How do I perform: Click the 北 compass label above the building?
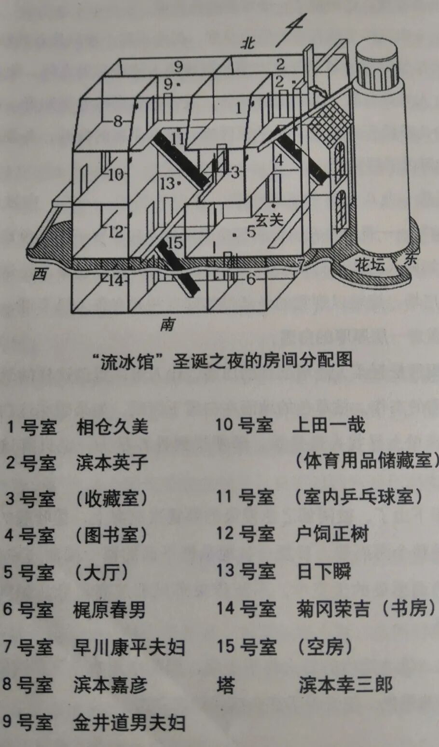click(x=248, y=44)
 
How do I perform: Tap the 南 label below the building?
click(x=167, y=325)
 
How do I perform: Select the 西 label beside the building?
click(x=41, y=274)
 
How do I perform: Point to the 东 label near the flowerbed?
click(x=410, y=260)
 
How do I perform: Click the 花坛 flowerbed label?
click(x=370, y=264)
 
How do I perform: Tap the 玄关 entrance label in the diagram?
click(x=269, y=220)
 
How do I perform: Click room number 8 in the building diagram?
click(x=118, y=122)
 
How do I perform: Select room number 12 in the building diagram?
click(x=116, y=232)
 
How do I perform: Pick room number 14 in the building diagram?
click(x=116, y=280)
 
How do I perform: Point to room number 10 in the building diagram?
click(x=116, y=174)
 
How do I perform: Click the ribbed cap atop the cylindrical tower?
click(x=376, y=68)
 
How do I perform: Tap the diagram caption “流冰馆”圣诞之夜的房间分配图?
click(x=222, y=360)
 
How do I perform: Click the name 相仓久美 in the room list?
click(x=112, y=427)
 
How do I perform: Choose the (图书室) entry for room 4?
click(x=110, y=535)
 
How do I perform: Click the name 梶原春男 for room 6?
click(x=110, y=610)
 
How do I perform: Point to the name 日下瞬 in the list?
click(x=324, y=571)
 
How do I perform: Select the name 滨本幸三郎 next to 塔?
click(x=345, y=684)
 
